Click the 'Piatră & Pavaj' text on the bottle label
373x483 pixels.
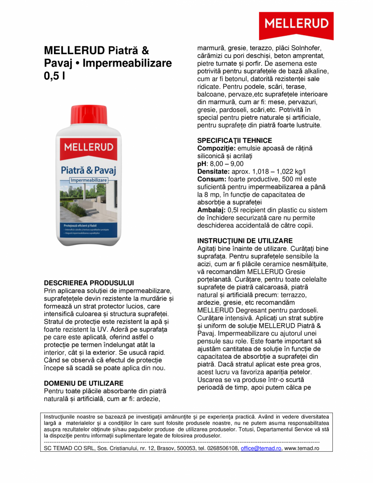tap(88, 169)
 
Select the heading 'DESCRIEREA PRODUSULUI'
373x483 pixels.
tap(88, 282)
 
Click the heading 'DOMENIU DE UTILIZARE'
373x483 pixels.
tap(84, 383)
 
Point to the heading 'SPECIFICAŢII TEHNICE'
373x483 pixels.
tap(234, 141)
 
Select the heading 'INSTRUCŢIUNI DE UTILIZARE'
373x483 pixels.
tap(245, 241)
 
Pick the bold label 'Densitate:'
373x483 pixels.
tap(213, 172)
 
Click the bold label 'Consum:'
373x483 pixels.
tap(211, 179)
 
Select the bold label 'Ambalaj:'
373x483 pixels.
tap(211, 210)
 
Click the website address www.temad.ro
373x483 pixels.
tap(302, 448)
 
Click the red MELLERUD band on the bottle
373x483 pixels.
tap(88, 147)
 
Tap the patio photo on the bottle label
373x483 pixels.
tap(88, 201)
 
